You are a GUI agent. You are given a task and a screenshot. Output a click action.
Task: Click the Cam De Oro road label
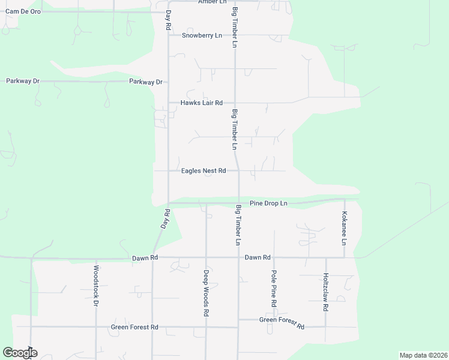pos(23,11)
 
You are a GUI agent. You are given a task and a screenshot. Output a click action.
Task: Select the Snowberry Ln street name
pos(202,35)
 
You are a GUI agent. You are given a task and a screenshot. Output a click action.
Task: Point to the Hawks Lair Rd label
pos(202,103)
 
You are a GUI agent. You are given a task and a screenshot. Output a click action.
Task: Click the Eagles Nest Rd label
pos(203,171)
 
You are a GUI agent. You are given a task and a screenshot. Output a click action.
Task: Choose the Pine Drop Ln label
pos(268,203)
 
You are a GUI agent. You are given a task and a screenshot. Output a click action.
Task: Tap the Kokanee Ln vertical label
pos(345,229)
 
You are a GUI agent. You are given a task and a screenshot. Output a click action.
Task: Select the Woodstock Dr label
pos(95,286)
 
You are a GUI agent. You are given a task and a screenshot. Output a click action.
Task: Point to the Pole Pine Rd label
pos(274,289)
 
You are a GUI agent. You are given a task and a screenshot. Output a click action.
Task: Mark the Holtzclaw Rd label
pos(325,292)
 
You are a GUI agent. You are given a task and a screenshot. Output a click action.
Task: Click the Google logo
pos(20,353)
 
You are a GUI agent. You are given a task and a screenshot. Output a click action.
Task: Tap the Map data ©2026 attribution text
pos(423,355)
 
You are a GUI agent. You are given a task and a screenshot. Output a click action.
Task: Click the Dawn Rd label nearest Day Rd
pos(145,257)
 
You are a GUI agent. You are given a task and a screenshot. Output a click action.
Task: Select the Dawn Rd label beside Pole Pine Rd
pos(258,257)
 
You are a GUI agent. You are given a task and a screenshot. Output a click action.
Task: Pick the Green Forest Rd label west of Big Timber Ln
pos(134,327)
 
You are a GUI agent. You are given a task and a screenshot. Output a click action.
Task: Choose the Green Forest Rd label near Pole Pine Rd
pos(282,323)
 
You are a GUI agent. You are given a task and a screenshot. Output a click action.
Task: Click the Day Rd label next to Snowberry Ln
pos(169,21)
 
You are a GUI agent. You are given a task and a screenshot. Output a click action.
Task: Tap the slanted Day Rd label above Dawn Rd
pos(166,218)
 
